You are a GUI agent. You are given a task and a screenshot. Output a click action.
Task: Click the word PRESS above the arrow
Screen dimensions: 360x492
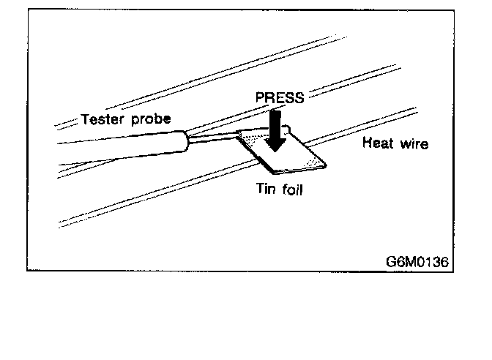point(279,98)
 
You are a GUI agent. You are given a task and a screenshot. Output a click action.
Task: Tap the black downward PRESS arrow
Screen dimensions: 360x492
point(276,129)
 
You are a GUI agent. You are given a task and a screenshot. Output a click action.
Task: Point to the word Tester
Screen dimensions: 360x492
point(102,119)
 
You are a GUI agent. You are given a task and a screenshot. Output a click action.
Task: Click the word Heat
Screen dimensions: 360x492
point(378,143)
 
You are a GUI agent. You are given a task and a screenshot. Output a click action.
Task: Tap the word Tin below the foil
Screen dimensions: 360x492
point(264,189)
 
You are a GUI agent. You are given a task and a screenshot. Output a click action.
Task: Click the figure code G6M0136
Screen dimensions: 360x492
point(417,261)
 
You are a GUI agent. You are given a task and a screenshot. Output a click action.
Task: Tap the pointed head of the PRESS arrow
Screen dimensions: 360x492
point(276,146)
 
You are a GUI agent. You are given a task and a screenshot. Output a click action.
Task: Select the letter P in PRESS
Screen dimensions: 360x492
point(259,98)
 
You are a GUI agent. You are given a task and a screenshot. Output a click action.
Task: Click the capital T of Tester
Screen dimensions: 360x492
point(85,119)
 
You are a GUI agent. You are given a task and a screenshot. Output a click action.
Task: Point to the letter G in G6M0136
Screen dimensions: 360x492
point(392,261)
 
